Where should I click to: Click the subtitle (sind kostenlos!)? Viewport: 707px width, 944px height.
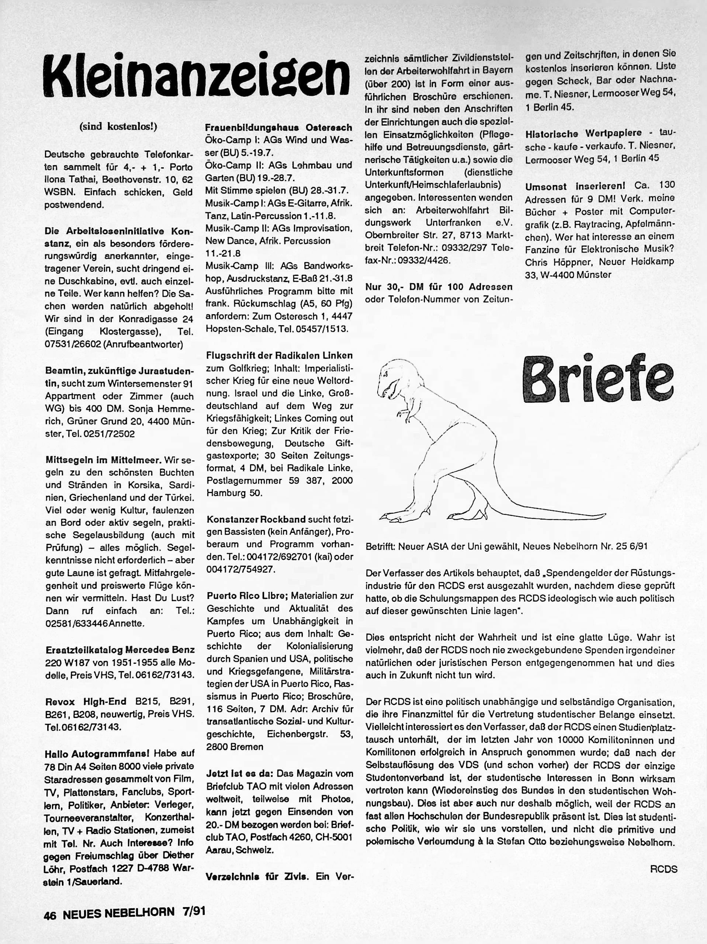point(118,127)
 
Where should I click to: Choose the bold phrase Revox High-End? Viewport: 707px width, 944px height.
point(86,701)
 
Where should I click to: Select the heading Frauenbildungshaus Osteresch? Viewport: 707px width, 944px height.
point(278,128)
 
